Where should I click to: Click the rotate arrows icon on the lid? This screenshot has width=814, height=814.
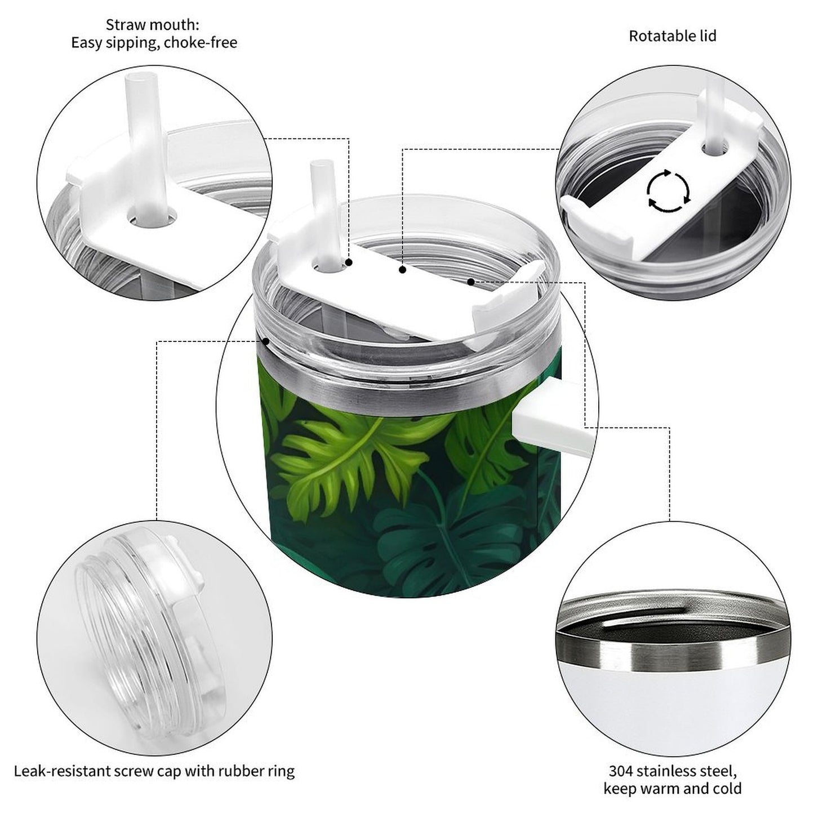tap(668, 190)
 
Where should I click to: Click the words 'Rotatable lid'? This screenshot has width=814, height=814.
tap(672, 36)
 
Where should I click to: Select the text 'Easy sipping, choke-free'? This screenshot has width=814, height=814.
tap(154, 43)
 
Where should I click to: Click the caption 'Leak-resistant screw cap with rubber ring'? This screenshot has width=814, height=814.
tap(154, 771)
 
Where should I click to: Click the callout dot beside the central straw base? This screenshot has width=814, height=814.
tap(349, 263)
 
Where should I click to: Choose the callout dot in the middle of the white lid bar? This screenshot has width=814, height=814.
tap(402, 270)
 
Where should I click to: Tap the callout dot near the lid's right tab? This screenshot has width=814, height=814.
tap(470, 281)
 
